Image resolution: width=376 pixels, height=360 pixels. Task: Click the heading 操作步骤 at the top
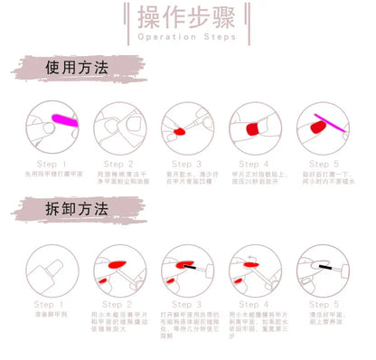189,19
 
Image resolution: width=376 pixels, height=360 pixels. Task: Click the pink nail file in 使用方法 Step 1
66,118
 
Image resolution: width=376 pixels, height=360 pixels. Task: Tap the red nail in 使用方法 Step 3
178,132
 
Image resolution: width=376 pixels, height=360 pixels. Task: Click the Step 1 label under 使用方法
49,165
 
